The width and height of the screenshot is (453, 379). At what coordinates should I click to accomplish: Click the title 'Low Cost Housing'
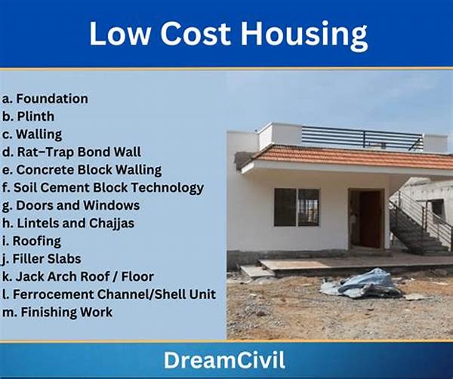[228, 34]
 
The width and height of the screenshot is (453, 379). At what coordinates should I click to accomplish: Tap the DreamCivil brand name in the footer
[224, 360]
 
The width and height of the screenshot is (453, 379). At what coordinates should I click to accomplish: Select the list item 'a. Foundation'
[45, 98]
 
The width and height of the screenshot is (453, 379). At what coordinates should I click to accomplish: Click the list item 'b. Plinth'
[28, 116]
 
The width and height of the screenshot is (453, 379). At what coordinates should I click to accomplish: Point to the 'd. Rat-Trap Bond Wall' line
[72, 152]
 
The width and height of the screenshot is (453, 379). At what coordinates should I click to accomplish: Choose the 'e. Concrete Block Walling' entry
[82, 170]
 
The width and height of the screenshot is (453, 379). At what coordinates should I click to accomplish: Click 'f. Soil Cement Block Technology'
[103, 188]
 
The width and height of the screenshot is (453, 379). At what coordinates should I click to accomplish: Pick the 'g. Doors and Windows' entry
[71, 205]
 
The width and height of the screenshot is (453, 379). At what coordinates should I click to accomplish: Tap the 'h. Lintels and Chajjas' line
[68, 223]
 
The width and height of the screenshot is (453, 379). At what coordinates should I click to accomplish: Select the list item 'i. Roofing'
[32, 241]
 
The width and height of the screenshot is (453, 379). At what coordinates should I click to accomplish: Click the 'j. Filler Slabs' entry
[42, 259]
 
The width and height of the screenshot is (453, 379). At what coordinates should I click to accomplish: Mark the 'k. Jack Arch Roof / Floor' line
[78, 276]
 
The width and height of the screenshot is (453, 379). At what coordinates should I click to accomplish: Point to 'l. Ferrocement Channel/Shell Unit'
[109, 294]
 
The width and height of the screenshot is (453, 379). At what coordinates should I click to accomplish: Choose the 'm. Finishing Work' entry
[57, 313]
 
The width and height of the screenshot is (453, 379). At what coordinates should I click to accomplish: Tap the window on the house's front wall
[297, 207]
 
